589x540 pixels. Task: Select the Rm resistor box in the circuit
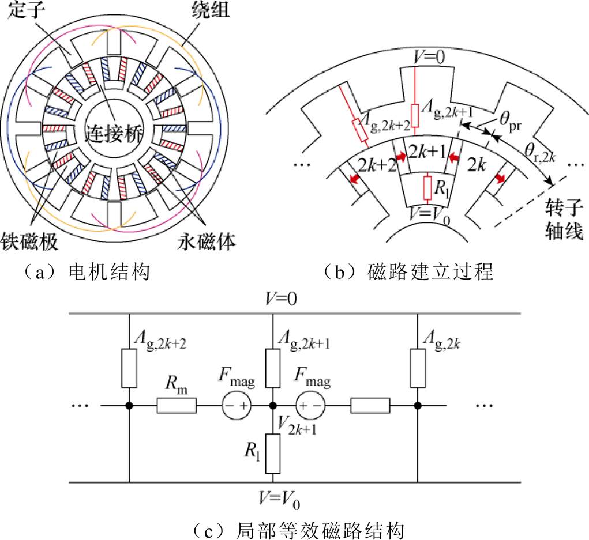(x=177, y=406)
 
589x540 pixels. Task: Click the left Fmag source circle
(x=238, y=406)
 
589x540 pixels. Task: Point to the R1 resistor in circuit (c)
(x=273, y=452)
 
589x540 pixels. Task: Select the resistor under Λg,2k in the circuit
(x=417, y=368)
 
